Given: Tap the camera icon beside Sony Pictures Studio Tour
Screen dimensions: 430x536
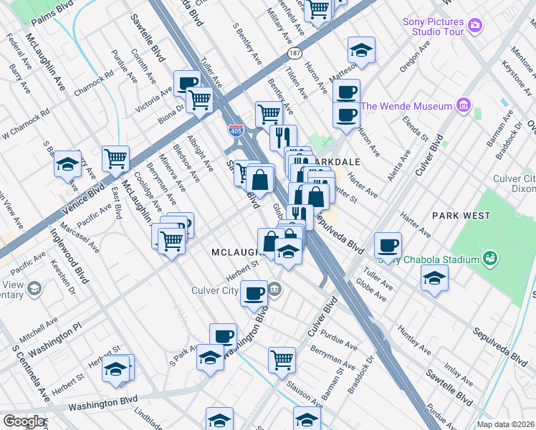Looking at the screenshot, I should (x=474, y=27).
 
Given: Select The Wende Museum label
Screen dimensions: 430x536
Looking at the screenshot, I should (x=406, y=107).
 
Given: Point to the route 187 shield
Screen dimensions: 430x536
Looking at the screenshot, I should (x=294, y=54).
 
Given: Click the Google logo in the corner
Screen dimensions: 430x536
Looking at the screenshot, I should (x=23, y=421).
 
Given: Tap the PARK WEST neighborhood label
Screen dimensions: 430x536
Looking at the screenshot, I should (x=461, y=215).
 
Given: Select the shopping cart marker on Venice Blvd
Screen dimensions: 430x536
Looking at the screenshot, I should (x=115, y=158).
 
